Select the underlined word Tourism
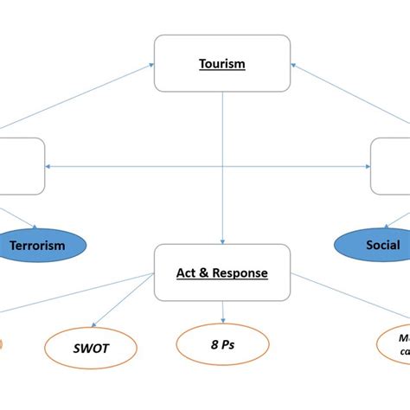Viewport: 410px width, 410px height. (x=222, y=64)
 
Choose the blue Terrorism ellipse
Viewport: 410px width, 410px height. (x=37, y=245)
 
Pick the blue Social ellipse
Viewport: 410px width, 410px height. (x=381, y=245)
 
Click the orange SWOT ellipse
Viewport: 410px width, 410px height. (x=91, y=349)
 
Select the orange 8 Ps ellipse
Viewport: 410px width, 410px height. (x=222, y=343)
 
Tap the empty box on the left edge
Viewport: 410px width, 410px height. (x=22, y=165)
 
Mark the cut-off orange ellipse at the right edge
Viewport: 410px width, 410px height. (x=394, y=343)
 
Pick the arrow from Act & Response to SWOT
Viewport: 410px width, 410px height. (x=130, y=307)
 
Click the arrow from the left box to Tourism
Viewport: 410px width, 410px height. (x=86, y=107)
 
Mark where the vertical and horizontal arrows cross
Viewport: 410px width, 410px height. (x=223, y=166)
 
